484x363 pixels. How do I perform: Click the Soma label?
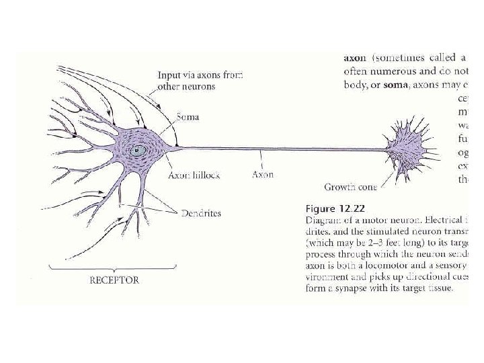[188, 117]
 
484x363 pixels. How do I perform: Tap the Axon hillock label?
[194, 174]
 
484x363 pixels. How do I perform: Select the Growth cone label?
[350, 187]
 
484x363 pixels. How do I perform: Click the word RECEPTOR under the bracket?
[114, 280]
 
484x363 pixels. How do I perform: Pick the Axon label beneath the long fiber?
[262, 174]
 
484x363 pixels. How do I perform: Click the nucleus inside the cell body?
[137, 151]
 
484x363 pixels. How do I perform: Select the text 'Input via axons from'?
[200, 75]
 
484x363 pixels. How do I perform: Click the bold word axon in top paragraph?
[355, 57]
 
